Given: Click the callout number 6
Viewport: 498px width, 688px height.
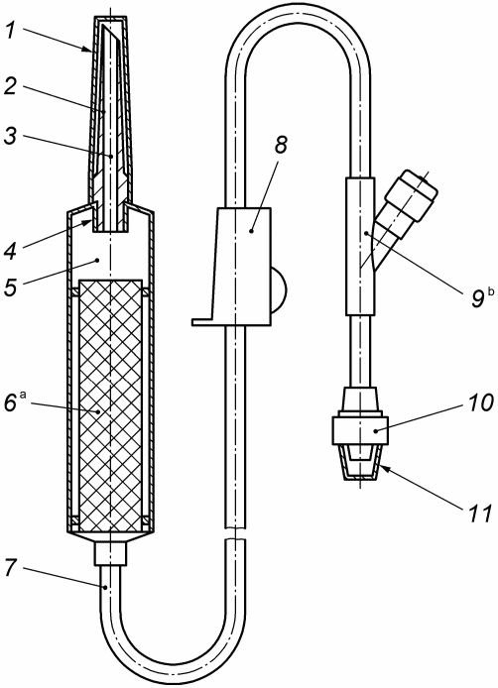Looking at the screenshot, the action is coord(11,402).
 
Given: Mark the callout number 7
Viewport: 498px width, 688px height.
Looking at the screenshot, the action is coord(11,568).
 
